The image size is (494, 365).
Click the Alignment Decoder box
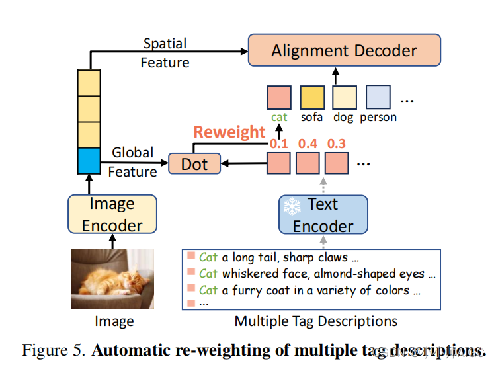[345, 50]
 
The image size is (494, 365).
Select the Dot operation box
[194, 163]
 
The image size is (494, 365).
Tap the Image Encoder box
[112, 214]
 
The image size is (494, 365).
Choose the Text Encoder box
[323, 214]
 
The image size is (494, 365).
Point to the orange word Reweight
[229, 132]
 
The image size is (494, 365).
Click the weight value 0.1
[279, 143]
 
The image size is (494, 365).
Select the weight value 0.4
[308, 143]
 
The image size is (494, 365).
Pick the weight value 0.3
[336, 143]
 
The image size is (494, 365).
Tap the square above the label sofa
[312, 97]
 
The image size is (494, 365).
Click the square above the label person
[378, 97]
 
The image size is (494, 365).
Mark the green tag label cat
[279, 117]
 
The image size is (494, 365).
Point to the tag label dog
[344, 117]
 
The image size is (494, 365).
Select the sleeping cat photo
[112, 280]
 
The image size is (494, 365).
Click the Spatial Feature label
[165, 53]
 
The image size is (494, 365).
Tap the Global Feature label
[132, 162]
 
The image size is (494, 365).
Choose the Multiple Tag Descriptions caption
[316, 321]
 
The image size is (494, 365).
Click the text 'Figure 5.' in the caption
[54, 350]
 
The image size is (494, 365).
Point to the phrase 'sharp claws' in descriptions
[316, 257]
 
